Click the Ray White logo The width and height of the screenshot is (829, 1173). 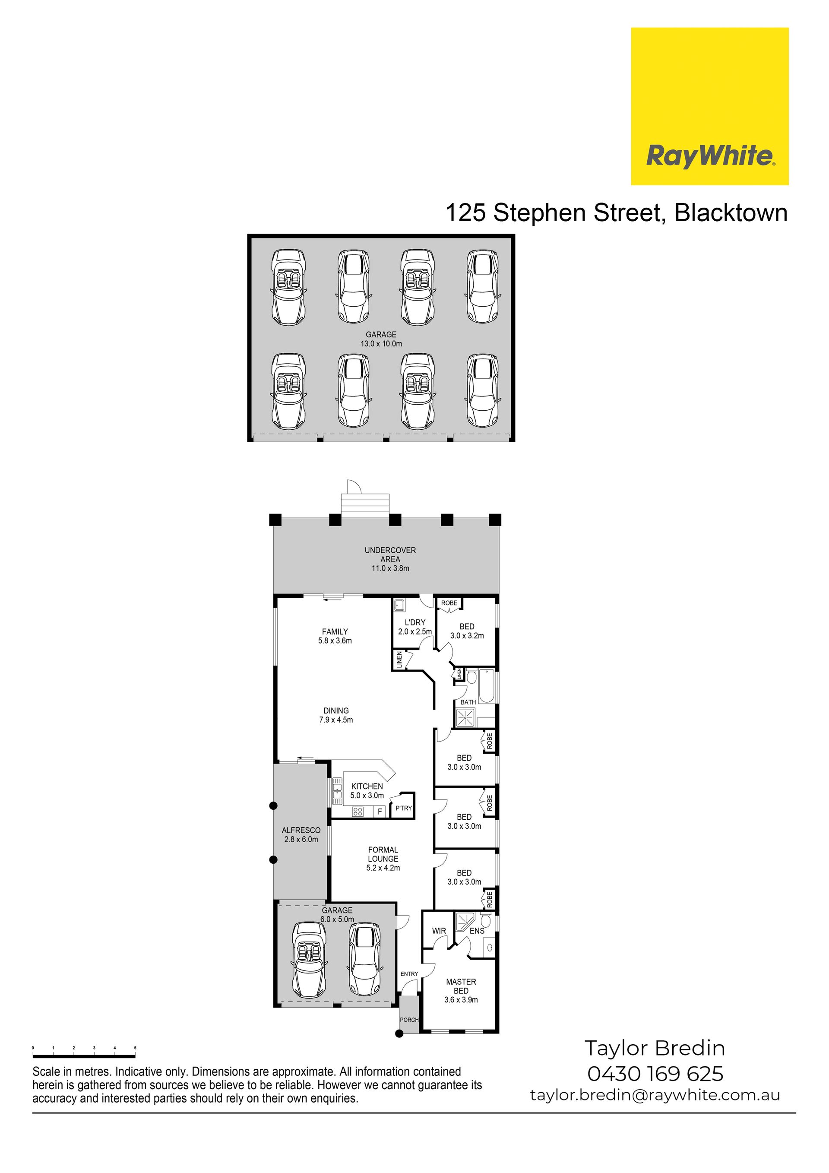[709, 106]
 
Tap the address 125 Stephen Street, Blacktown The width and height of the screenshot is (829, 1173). [617, 212]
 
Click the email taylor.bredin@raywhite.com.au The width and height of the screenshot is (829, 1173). [655, 1095]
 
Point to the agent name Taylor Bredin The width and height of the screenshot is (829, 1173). [655, 1048]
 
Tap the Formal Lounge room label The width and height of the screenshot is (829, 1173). [383, 859]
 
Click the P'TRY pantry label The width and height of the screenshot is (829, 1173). [404, 808]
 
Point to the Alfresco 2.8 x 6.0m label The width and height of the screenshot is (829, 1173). [301, 835]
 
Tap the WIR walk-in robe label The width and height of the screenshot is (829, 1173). [439, 931]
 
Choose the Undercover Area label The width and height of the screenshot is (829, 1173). [390, 559]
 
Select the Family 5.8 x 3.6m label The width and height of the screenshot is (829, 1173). [335, 636]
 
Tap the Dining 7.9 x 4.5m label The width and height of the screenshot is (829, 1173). [335, 715]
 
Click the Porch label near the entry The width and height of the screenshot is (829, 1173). [409, 1020]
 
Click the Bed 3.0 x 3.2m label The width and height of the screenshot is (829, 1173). [467, 631]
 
